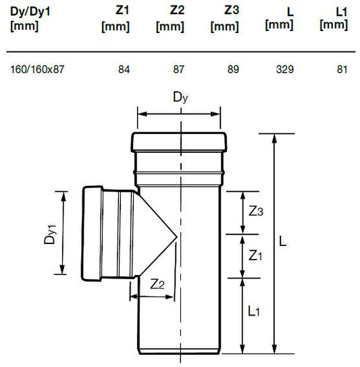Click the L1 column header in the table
(334, 18)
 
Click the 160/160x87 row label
(37, 70)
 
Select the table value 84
(124, 70)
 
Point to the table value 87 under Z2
(178, 70)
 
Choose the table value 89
(233, 70)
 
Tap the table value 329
(284, 70)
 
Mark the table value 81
(342, 70)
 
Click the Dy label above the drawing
(180, 97)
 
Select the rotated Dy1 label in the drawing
(50, 235)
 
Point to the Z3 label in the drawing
(256, 212)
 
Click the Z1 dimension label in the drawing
(255, 255)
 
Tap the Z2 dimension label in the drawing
(157, 285)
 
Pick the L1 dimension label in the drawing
(253, 312)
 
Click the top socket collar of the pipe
(179, 142)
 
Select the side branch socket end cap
(92, 233)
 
